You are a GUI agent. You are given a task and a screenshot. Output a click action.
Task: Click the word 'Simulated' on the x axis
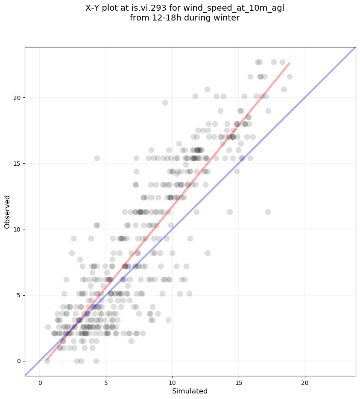pyautogui.click(x=190, y=391)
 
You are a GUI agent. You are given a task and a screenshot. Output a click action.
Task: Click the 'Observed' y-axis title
pyautogui.click(x=7, y=212)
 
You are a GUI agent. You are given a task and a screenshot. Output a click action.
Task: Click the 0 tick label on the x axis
pyautogui.click(x=40, y=382)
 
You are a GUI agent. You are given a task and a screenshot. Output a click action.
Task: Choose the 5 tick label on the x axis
pyautogui.click(x=106, y=382)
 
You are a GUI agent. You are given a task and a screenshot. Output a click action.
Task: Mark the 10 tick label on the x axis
pyautogui.click(x=173, y=382)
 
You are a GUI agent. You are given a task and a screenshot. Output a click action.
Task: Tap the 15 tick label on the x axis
pyautogui.click(x=239, y=382)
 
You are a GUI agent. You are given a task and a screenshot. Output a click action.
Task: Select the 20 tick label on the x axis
pyautogui.click(x=305, y=382)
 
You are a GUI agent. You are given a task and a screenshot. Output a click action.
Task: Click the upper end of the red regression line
pyautogui.click(x=290, y=63)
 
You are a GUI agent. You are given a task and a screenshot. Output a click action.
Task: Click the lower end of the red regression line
pyautogui.click(x=47, y=360)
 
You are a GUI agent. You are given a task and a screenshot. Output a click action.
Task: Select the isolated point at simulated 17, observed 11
pyautogui.click(x=268, y=212)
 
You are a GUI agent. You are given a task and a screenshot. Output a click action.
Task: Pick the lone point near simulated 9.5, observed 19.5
pyautogui.click(x=165, y=103)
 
